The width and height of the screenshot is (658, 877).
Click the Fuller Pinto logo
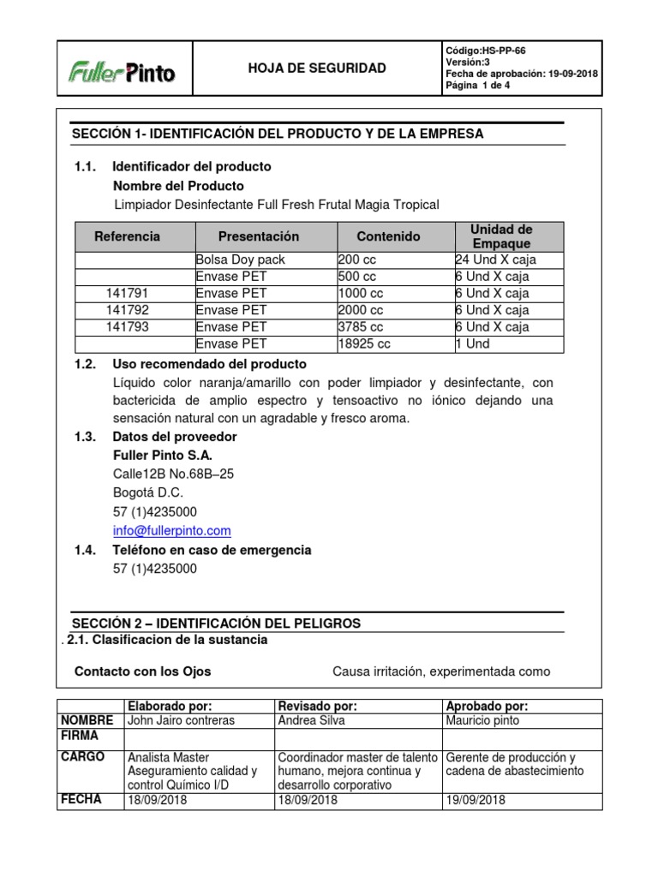tap(122, 72)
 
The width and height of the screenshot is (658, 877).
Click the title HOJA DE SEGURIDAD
tap(316, 69)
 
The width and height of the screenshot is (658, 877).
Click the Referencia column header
tap(127, 236)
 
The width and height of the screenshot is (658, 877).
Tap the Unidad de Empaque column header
tap(501, 236)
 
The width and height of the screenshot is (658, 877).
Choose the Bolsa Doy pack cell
tap(241, 260)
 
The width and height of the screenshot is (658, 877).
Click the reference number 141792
tap(127, 310)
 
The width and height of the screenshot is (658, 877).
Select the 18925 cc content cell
tap(365, 343)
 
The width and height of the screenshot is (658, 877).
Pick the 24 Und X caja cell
tap(496, 260)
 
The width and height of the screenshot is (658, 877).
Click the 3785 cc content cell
tap(362, 327)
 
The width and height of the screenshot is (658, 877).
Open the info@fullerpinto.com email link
tap(172, 531)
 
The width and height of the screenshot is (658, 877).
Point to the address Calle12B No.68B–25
tap(173, 474)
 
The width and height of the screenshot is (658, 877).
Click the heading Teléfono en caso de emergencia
tap(212, 550)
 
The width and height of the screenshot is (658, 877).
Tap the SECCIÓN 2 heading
tap(216, 623)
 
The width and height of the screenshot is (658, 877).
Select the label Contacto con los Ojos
tap(142, 671)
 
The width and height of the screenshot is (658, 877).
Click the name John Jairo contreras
tap(180, 720)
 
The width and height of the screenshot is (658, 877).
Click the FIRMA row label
tap(80, 736)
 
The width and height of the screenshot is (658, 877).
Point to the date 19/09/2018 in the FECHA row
tap(476, 800)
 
